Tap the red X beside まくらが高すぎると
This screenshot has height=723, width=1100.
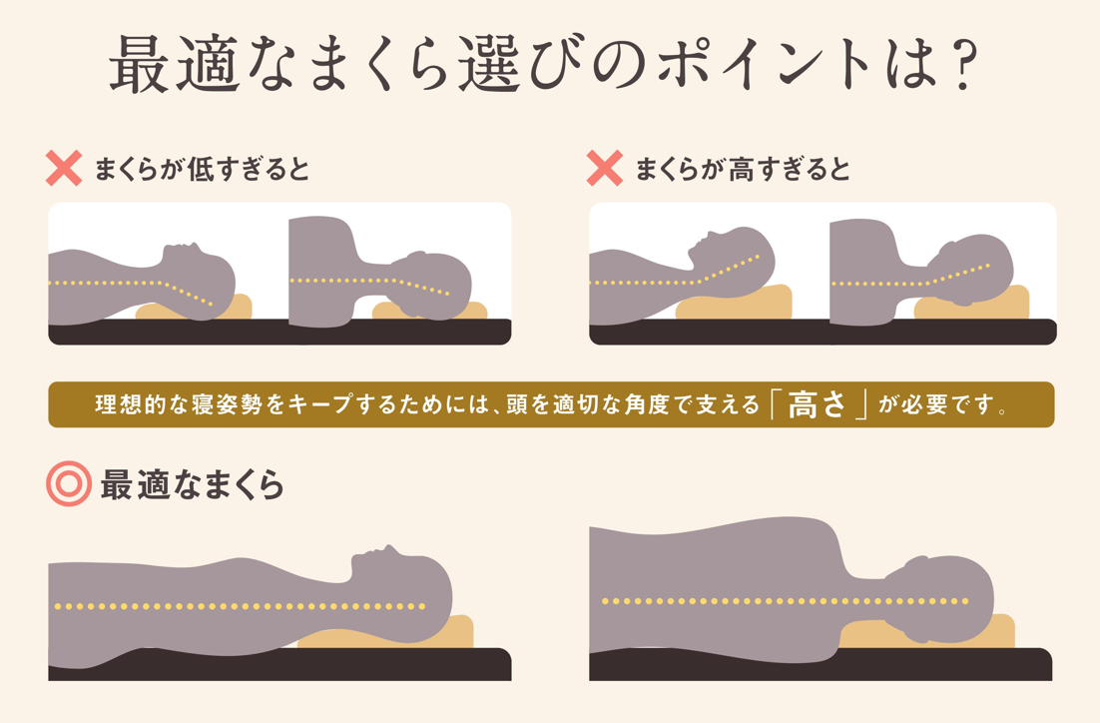click(605, 169)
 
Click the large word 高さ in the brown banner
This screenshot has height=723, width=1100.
click(817, 405)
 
